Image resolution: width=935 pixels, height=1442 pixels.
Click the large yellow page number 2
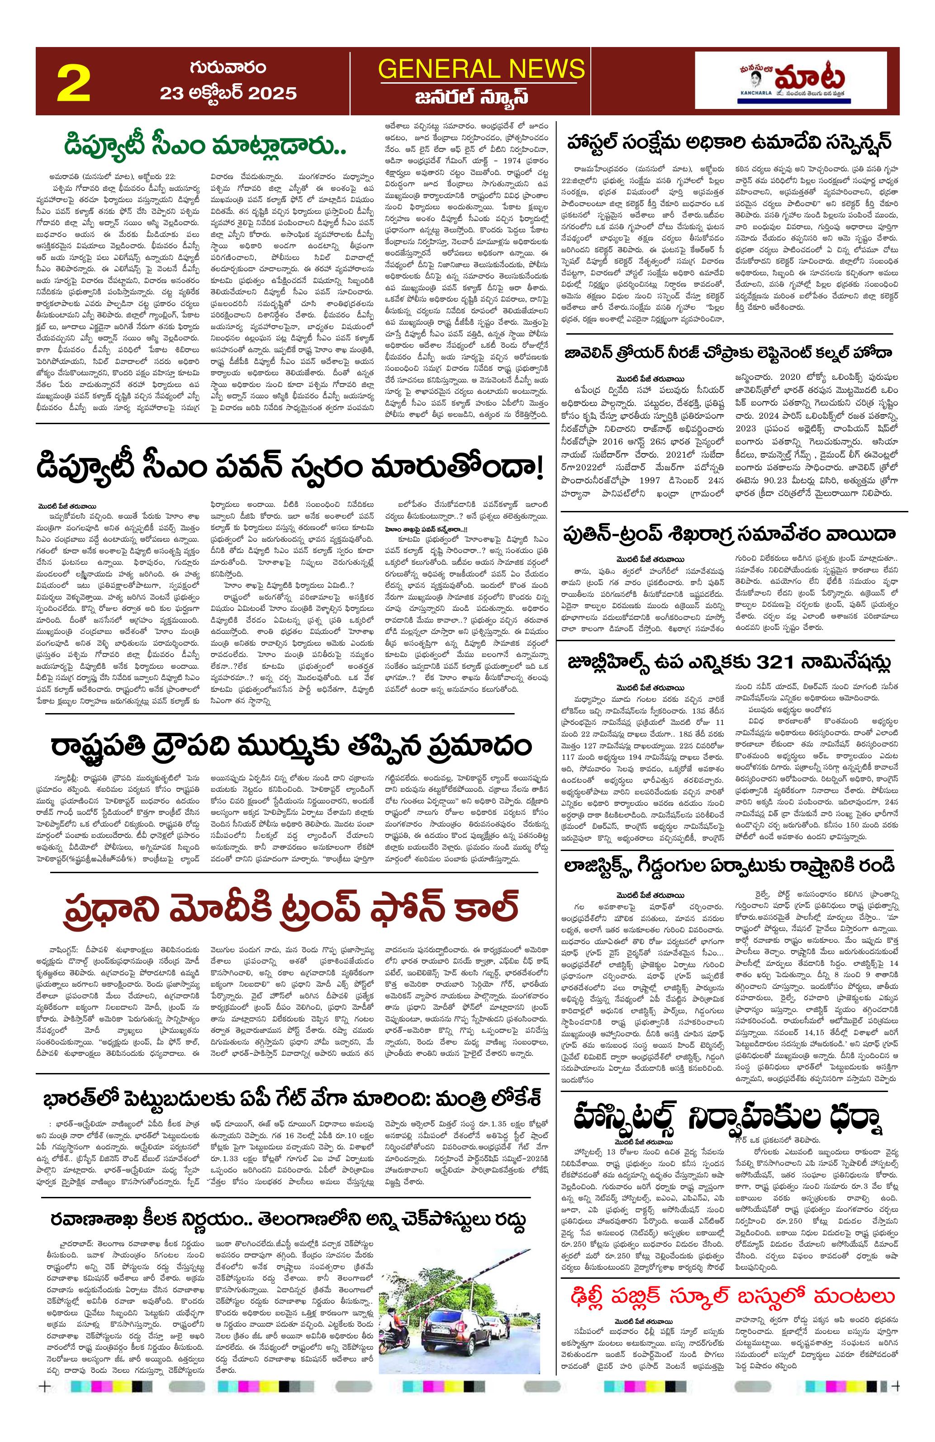pyautogui.click(x=73, y=84)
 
